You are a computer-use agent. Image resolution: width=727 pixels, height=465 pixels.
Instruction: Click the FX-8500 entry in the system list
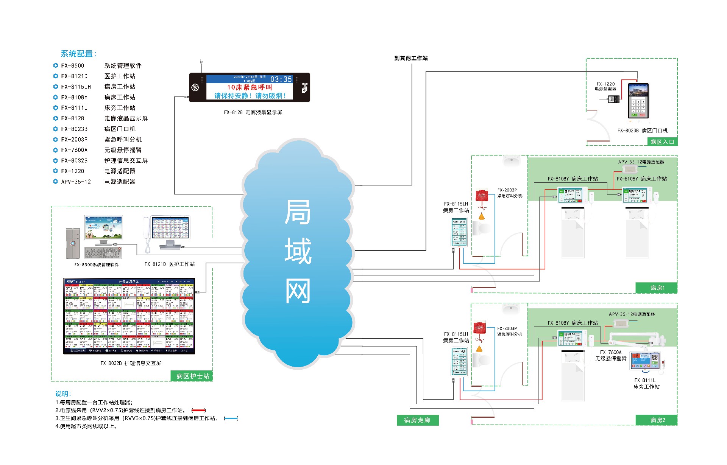click(x=73, y=66)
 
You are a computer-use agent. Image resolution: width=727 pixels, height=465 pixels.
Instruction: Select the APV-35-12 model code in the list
click(x=76, y=182)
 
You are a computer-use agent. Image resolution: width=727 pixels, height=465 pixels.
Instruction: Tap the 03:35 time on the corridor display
click(x=281, y=79)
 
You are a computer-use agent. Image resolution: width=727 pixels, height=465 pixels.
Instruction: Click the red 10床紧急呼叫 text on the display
click(x=250, y=87)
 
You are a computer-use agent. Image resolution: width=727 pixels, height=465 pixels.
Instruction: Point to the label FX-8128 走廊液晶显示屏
click(x=253, y=112)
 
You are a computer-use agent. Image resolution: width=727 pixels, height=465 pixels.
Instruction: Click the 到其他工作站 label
click(x=411, y=58)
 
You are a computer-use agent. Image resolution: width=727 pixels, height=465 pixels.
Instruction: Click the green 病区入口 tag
click(x=662, y=142)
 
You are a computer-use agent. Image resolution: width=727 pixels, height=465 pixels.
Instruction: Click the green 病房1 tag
click(x=657, y=288)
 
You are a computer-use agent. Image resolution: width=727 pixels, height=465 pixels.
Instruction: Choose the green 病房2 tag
click(x=658, y=420)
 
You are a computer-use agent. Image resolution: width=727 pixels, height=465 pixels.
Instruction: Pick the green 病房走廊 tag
click(x=417, y=420)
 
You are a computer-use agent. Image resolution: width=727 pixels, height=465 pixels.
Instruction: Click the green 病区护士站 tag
click(x=193, y=376)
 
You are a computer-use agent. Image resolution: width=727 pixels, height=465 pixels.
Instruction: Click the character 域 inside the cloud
click(x=298, y=251)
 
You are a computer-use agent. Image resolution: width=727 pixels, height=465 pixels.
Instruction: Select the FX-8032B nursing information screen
click(x=129, y=316)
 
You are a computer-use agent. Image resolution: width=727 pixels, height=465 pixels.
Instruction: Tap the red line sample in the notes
click(x=198, y=411)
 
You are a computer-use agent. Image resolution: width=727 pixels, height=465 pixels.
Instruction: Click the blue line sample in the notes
click(x=231, y=418)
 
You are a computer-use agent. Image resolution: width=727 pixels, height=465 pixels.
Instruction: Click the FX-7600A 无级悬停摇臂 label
click(x=611, y=355)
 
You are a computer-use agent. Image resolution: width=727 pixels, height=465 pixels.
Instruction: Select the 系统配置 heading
click(x=78, y=54)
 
